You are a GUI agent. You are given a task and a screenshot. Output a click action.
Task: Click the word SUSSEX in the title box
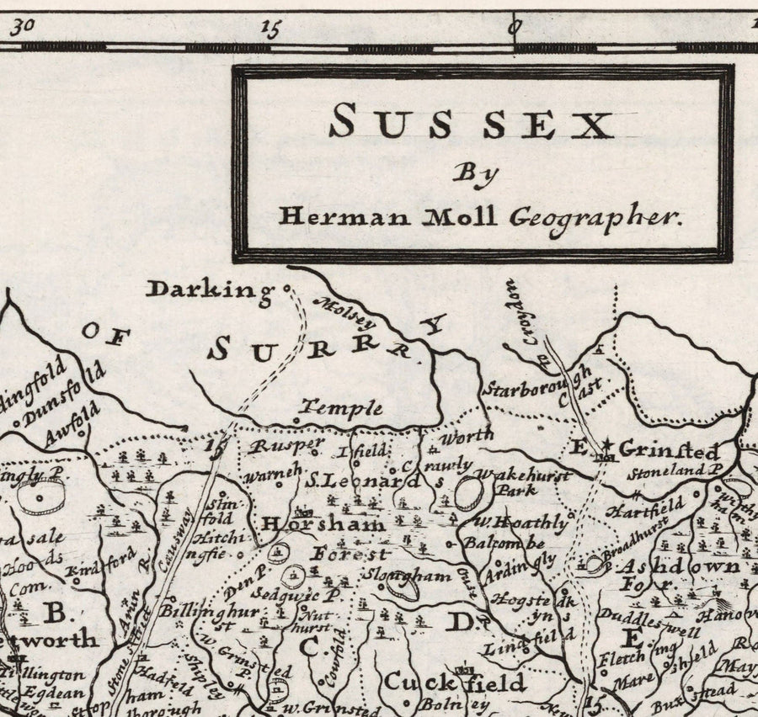471,124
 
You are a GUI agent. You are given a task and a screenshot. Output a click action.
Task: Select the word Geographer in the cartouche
593,217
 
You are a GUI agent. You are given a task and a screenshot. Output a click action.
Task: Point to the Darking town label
211,290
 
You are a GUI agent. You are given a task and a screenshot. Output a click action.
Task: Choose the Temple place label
342,409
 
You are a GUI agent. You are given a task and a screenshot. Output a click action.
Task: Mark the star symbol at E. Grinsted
606,444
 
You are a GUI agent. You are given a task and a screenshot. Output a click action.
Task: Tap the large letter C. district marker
310,647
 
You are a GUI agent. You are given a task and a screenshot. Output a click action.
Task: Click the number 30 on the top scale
23,25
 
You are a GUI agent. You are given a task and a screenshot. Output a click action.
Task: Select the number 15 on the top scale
271,29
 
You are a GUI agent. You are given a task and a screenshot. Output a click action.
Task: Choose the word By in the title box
476,173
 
